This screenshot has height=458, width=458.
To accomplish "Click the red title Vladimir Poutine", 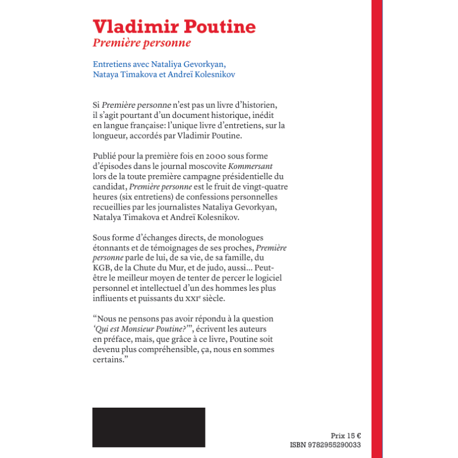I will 174,27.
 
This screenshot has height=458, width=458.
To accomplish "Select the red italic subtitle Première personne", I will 141,43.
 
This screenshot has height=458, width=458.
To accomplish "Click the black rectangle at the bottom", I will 148,427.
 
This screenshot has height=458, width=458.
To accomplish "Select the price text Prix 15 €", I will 350,435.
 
